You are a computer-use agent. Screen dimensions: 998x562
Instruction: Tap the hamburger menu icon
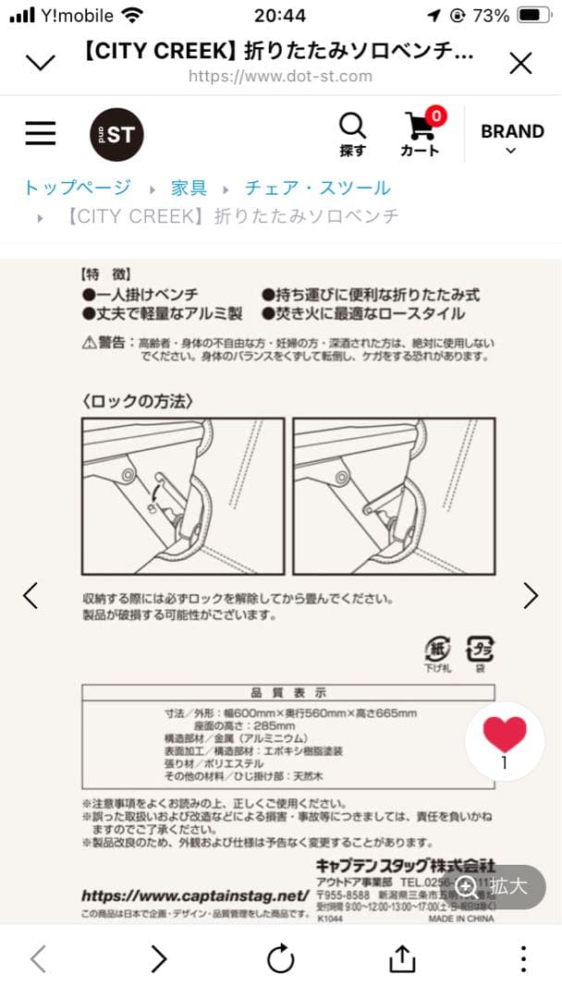[x=41, y=134]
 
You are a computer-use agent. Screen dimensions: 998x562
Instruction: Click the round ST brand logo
[x=116, y=135]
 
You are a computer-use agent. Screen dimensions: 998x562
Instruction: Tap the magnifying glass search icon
[x=352, y=134]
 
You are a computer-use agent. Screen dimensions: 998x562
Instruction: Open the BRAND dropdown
[x=511, y=137]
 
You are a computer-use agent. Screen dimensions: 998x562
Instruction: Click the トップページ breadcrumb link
[x=78, y=188]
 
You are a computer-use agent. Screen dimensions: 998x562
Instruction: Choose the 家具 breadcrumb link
[x=189, y=188]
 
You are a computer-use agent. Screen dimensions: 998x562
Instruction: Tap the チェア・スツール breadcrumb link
[x=317, y=188]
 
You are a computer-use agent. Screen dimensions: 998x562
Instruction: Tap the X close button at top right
[x=520, y=63]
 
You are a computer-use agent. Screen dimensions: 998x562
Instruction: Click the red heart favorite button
[x=505, y=736]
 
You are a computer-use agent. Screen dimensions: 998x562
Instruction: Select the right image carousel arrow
[x=531, y=596]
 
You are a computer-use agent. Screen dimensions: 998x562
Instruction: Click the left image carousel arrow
[x=31, y=596]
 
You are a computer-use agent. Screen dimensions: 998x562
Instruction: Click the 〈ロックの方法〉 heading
[x=137, y=400]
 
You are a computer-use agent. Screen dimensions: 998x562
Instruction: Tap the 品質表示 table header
[x=288, y=692]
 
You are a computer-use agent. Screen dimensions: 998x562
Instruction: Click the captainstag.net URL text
[x=194, y=895]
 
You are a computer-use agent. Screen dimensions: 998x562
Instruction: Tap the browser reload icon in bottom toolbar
[x=281, y=959]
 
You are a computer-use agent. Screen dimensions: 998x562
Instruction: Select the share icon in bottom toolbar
[x=402, y=959]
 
